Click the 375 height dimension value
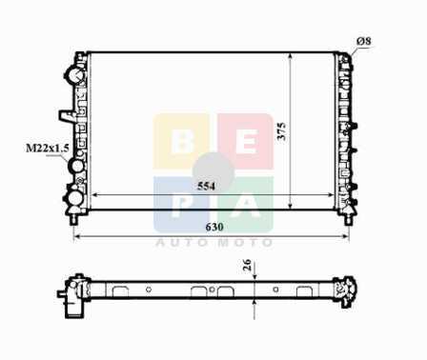coord(282,131)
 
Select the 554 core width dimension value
coord(206,186)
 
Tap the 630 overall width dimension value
coord(214,227)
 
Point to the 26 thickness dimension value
coord(247,265)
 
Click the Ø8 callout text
coord(364,41)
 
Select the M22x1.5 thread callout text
coord(47,148)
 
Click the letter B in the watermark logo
coord(182,141)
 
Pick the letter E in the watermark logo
coord(246,141)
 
